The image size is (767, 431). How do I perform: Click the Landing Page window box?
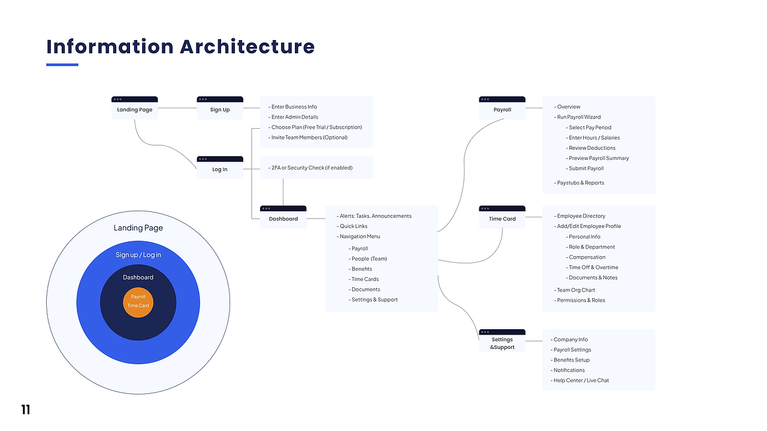click(x=135, y=108)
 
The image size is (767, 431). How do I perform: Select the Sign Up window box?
click(x=220, y=108)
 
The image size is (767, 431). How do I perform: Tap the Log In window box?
click(x=220, y=168)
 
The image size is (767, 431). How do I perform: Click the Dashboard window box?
click(x=283, y=217)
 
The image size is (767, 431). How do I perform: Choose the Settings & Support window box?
click(x=502, y=341)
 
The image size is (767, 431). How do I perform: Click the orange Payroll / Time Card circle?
click(x=138, y=302)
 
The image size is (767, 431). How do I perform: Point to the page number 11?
click(x=26, y=409)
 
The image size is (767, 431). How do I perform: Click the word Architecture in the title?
click(x=247, y=47)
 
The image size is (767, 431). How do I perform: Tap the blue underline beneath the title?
click(x=62, y=65)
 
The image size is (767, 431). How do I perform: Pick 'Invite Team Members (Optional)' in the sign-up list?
click(x=308, y=138)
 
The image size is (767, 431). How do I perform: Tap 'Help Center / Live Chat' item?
click(x=579, y=380)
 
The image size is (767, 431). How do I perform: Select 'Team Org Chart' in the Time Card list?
click(x=574, y=290)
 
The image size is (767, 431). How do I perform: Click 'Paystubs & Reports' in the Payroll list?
click(x=579, y=183)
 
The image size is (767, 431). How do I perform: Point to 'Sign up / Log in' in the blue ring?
click(x=138, y=255)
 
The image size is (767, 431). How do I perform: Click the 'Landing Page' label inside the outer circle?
click(x=138, y=228)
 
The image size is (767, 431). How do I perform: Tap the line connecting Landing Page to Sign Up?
click(x=177, y=108)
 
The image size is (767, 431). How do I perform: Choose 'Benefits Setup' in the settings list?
click(x=570, y=360)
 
